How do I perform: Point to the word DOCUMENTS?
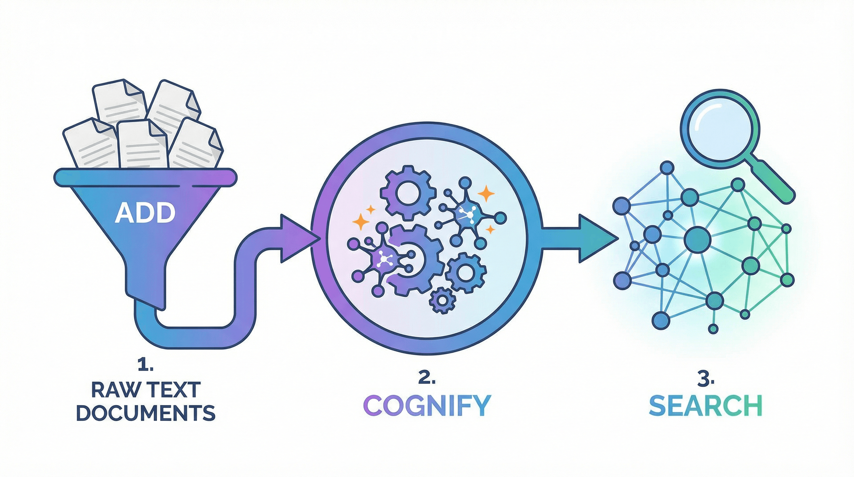click(146, 413)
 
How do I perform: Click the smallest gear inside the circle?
click(442, 300)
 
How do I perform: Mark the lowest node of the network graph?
click(713, 328)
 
